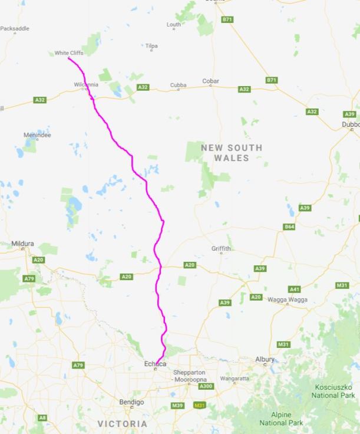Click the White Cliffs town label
[69, 53]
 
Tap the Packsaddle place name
[15, 28]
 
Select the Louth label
[174, 24]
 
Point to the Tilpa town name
[151, 45]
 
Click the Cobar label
[210, 81]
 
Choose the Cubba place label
[179, 86]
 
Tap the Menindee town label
[37, 135]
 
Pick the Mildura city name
[23, 244]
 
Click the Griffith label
[222, 249]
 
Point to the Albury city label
[265, 359]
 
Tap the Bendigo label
[131, 402]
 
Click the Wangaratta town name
[235, 378]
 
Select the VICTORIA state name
[123, 424]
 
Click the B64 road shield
[289, 227]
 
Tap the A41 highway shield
[295, 289]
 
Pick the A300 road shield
[206, 386]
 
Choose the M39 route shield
[177, 406]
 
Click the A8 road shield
[42, 417]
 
